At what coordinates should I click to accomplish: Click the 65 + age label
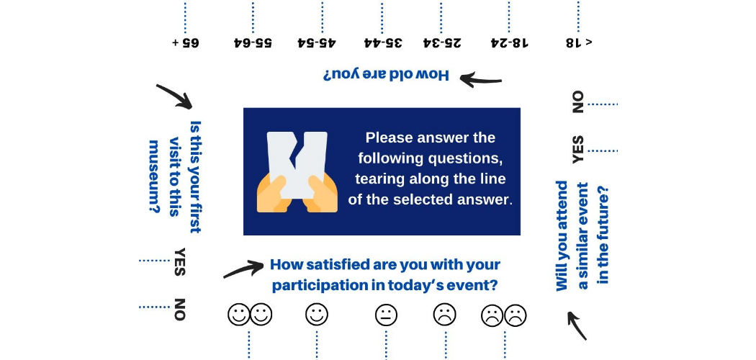click(186, 42)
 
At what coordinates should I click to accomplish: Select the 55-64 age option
click(253, 42)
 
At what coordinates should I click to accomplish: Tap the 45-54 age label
click(317, 42)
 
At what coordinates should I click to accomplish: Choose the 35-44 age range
click(383, 42)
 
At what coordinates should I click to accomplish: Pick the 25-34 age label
click(441, 42)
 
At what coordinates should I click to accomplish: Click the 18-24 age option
click(509, 42)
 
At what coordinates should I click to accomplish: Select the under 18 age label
click(579, 42)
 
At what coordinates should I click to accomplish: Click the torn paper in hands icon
click(297, 172)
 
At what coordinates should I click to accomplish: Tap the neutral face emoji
click(386, 315)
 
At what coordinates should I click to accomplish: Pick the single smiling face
click(317, 315)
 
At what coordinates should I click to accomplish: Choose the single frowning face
click(444, 315)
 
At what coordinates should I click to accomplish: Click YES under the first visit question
click(179, 262)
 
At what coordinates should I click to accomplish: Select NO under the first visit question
click(179, 310)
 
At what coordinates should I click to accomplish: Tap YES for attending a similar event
click(577, 149)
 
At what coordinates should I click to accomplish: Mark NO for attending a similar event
click(577, 102)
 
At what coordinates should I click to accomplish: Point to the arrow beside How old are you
click(480, 79)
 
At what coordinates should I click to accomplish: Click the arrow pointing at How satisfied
click(243, 269)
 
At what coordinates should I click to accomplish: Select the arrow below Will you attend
click(577, 325)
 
